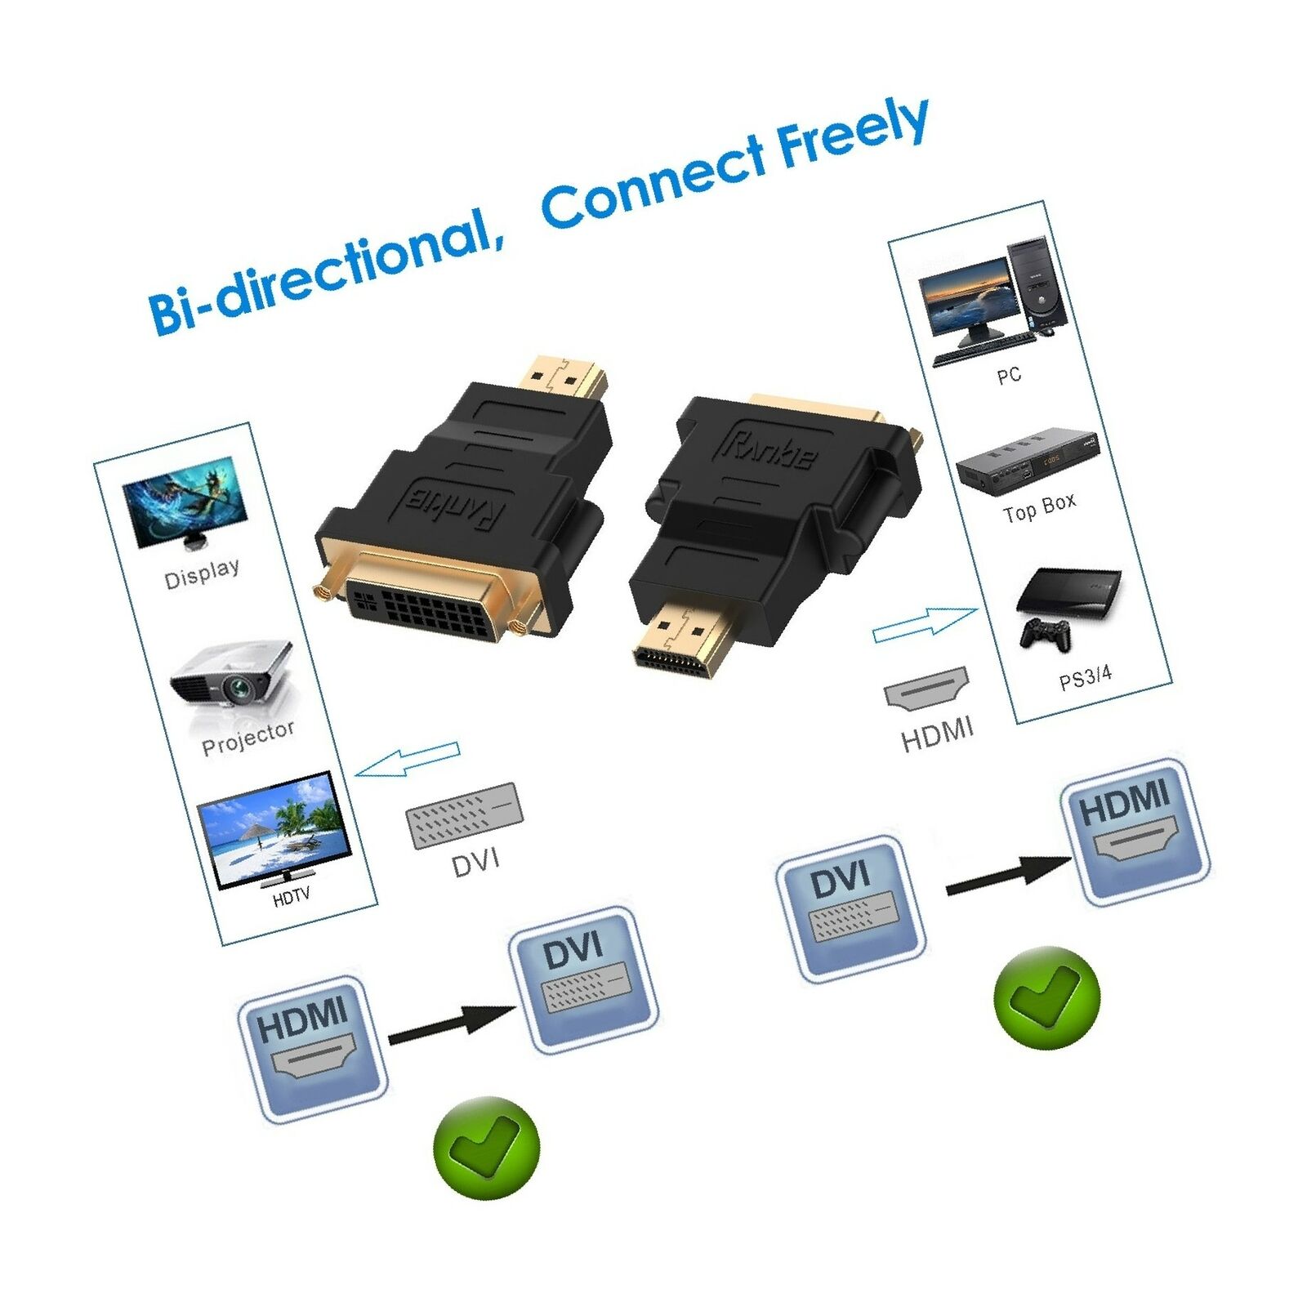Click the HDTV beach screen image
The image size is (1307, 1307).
[275, 829]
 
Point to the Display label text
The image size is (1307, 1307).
[202, 573]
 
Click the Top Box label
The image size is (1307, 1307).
[1039, 507]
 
